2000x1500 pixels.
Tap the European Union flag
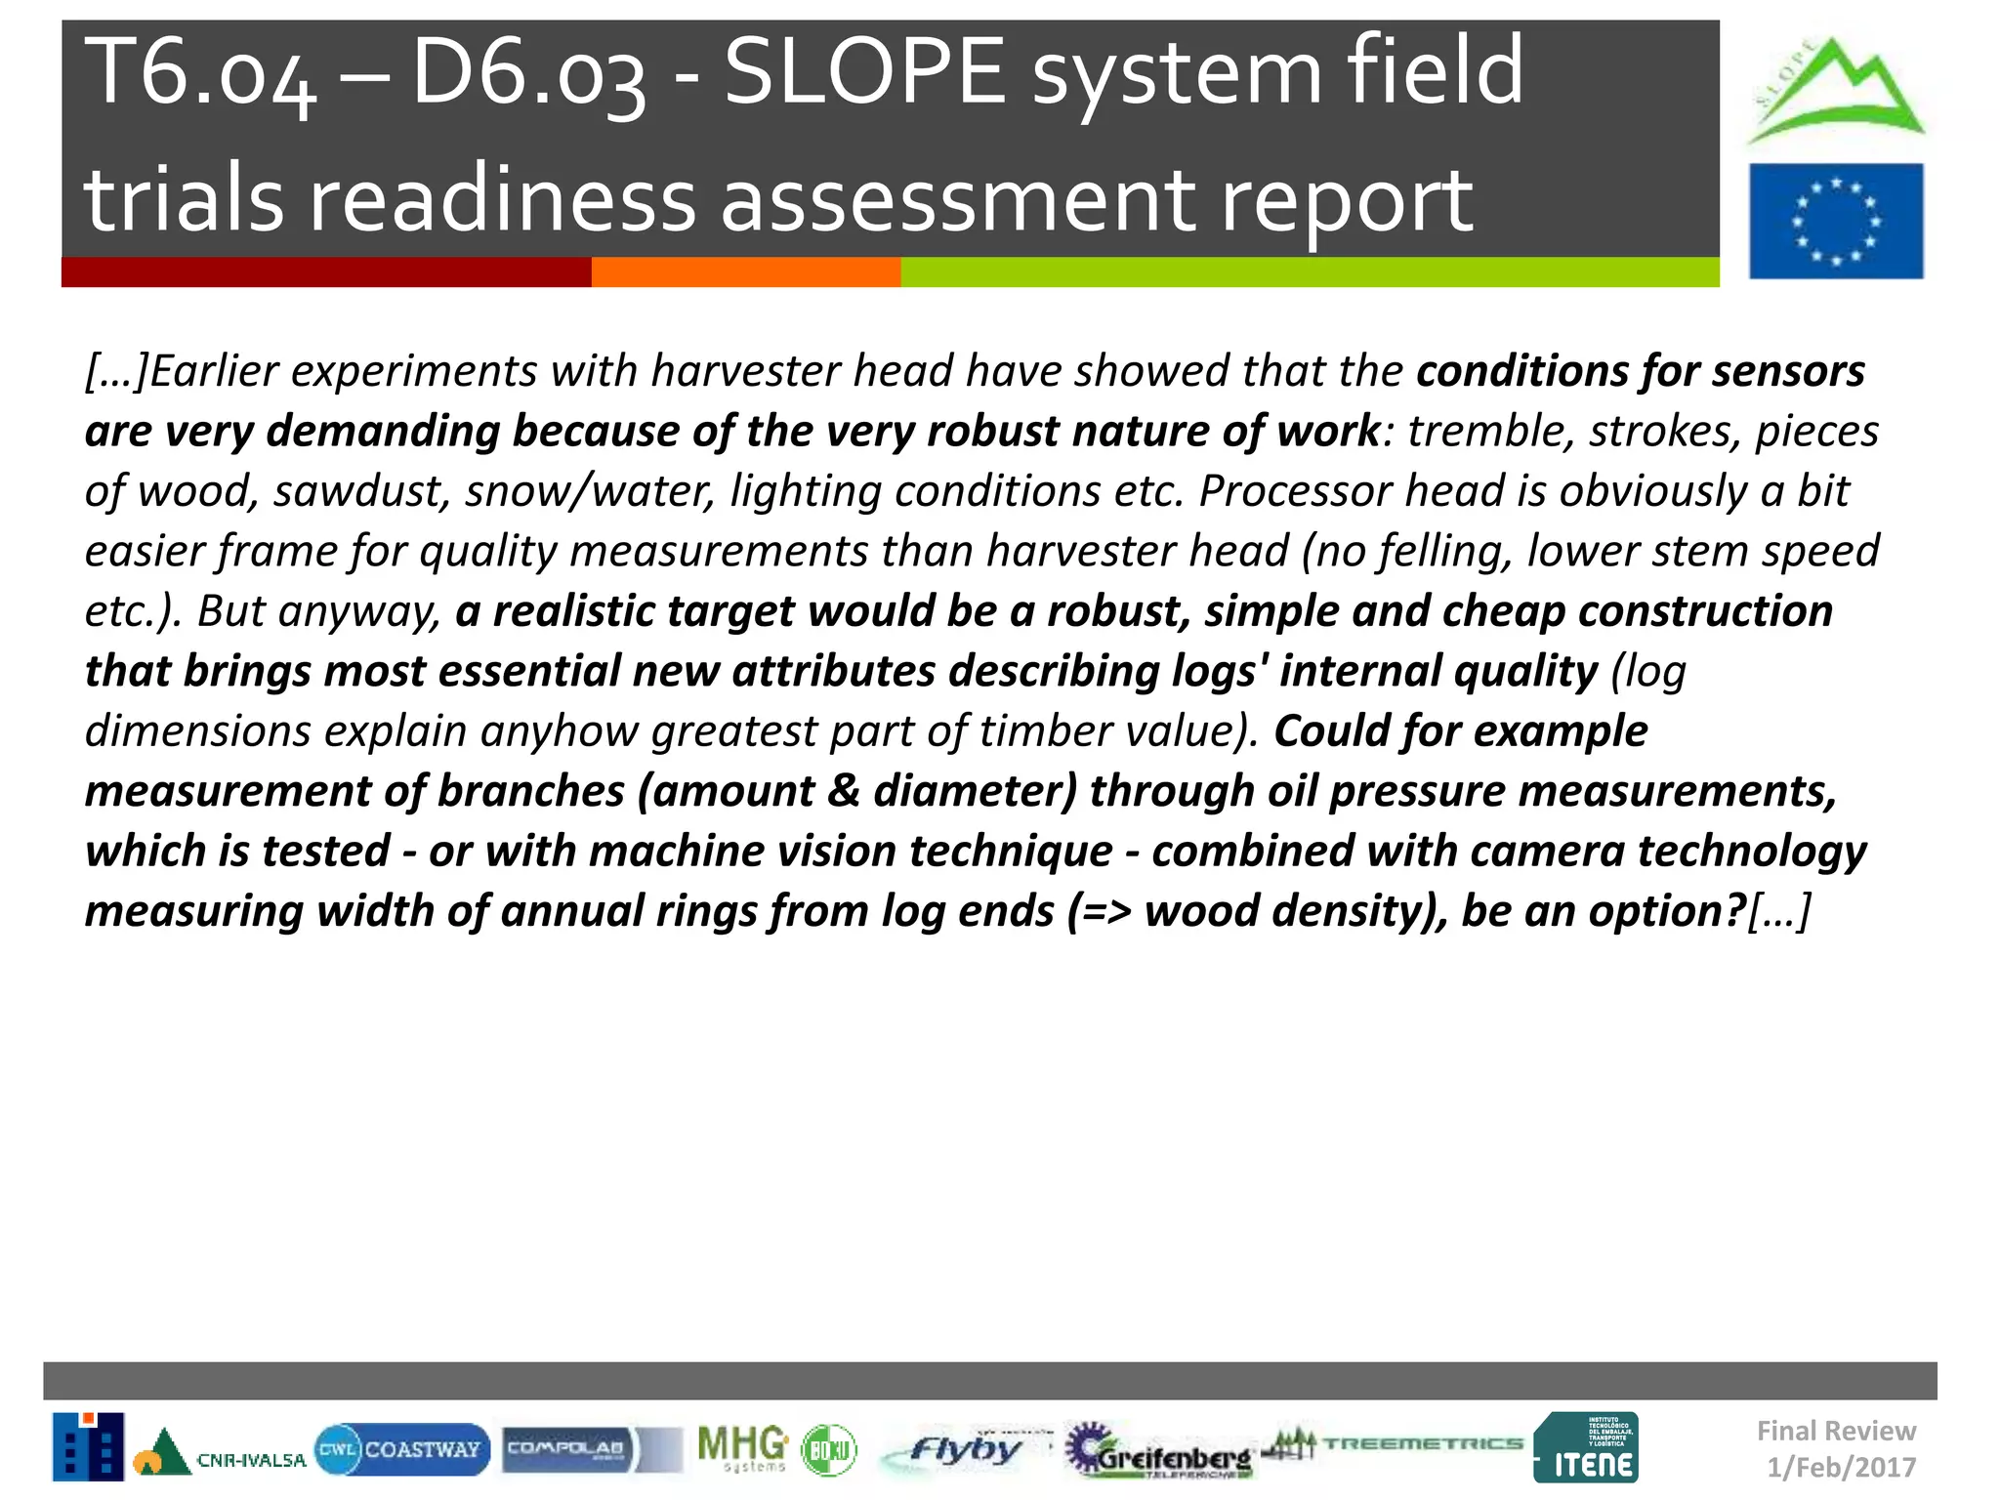[x=1836, y=221]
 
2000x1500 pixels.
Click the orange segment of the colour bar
[x=745, y=272]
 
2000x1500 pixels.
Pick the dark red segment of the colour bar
[x=325, y=272]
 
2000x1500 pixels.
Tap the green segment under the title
[x=1309, y=272]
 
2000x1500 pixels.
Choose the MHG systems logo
[x=743, y=1447]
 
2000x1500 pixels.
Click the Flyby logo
[x=962, y=1449]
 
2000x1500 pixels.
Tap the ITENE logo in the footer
[x=1586, y=1448]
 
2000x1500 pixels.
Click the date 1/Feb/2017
[x=1841, y=1468]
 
